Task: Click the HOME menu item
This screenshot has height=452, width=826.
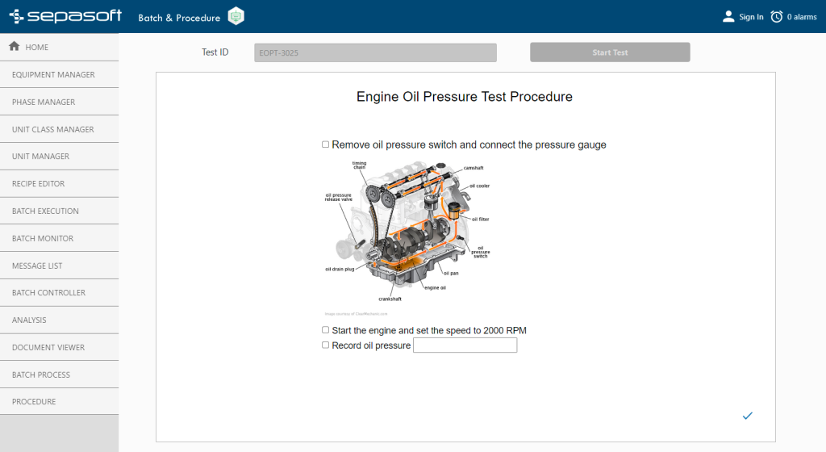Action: pyautogui.click(x=30, y=47)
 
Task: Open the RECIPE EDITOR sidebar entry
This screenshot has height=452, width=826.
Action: pyautogui.click(x=38, y=183)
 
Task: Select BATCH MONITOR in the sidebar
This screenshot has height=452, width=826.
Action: pyautogui.click(x=43, y=238)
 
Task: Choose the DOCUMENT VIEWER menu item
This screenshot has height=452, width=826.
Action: pyautogui.click(x=48, y=347)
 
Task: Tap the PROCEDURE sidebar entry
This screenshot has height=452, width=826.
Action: pyautogui.click(x=34, y=402)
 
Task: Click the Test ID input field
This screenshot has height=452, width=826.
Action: pyautogui.click(x=375, y=52)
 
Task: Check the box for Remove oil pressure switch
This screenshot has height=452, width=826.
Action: pyautogui.click(x=325, y=144)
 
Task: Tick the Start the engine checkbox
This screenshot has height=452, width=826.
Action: pyautogui.click(x=325, y=330)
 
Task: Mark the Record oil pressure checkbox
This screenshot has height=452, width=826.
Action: pyautogui.click(x=325, y=345)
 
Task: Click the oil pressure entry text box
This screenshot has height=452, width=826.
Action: pyautogui.click(x=465, y=345)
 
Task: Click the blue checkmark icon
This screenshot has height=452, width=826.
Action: pyautogui.click(x=747, y=416)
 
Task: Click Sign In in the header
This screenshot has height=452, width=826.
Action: pyautogui.click(x=750, y=17)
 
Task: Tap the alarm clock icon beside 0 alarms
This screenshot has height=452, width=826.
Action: pyautogui.click(x=777, y=17)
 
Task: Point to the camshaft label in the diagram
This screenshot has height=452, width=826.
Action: pyautogui.click(x=473, y=168)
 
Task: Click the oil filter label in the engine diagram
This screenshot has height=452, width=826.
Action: pyautogui.click(x=480, y=219)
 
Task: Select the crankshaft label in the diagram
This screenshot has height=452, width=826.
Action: pyautogui.click(x=390, y=299)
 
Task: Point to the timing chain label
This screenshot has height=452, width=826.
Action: pyautogui.click(x=359, y=165)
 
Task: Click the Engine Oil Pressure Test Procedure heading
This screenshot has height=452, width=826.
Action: pyautogui.click(x=465, y=97)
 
